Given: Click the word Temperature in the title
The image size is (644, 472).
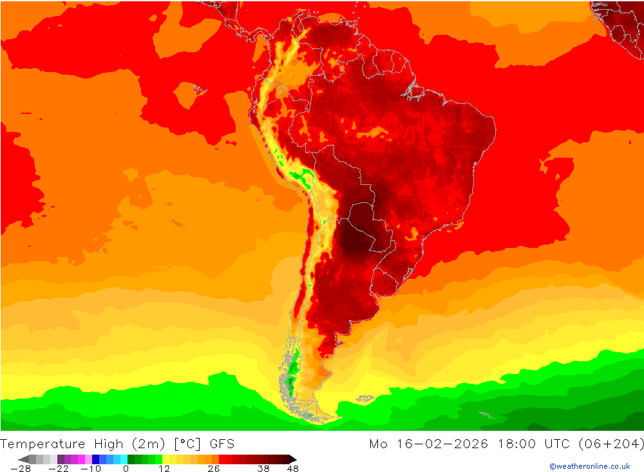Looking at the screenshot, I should point(43,444).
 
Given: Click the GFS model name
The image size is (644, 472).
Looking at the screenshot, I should point(222,444).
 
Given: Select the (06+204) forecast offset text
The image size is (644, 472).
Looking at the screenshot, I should point(611,444).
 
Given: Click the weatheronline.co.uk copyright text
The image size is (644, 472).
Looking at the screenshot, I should point(589,466).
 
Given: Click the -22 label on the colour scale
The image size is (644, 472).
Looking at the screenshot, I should point(59,469).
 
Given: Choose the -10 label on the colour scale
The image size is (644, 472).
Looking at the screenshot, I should point(91,469).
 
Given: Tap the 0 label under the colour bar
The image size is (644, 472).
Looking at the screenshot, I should point(126,469).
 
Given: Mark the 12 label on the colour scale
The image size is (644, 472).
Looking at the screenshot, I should point(164,469).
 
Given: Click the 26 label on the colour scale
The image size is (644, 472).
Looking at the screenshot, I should point(213,469).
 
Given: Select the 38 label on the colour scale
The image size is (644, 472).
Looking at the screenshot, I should point(263,469).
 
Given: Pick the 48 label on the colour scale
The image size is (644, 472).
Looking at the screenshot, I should point(293,469).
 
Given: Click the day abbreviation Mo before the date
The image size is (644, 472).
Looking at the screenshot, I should point(378,444).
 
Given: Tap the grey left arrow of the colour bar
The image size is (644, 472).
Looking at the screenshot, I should point(23,459).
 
